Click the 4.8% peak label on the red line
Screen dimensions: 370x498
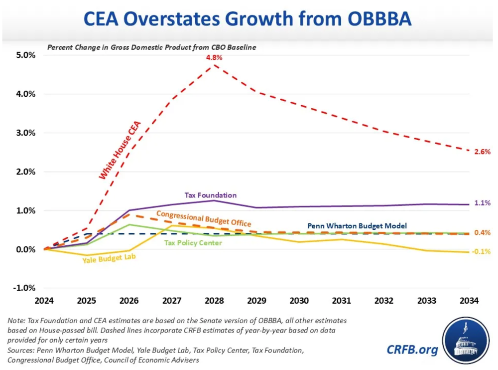coord(214,58)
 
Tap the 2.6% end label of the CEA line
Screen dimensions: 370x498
coord(483,152)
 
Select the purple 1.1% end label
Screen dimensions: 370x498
coord(483,203)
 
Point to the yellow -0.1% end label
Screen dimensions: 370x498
coord(482,252)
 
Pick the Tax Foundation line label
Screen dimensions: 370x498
coord(211,195)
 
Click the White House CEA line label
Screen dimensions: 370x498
coord(120,150)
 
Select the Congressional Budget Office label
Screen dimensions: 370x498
coord(204,218)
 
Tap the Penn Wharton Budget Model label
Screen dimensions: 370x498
coord(357,226)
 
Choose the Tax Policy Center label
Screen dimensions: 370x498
coord(193,243)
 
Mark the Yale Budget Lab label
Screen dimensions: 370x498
coord(110,258)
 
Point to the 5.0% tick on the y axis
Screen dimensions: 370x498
coord(24,55)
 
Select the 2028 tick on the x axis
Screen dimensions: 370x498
coord(214,301)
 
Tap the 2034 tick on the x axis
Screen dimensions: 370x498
coord(469,301)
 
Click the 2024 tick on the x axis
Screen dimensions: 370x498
coord(44,301)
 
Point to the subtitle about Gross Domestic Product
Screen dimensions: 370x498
coord(151,47)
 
